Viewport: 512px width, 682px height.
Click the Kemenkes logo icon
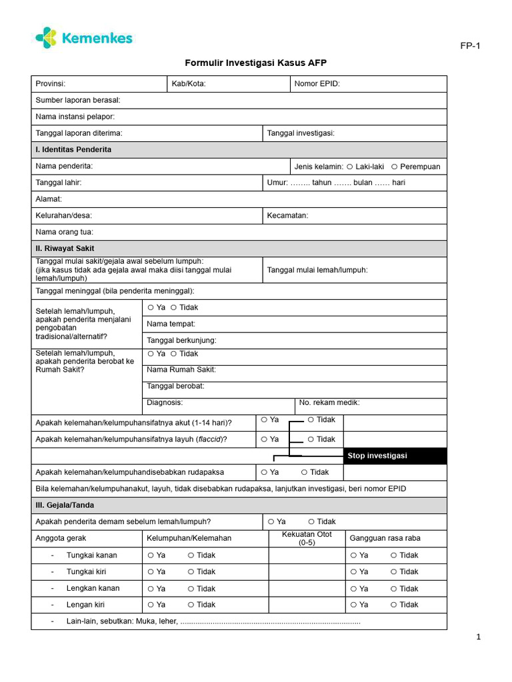click(46, 38)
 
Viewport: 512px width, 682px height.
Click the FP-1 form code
click(470, 46)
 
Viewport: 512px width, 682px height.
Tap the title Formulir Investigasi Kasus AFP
click(255, 63)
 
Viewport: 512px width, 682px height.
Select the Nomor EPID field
click(369, 84)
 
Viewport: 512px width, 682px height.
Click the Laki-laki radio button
click(350, 167)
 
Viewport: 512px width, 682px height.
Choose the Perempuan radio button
click(395, 167)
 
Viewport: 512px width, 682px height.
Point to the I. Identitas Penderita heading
click(73, 150)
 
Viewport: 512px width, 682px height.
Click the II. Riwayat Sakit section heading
click(65, 248)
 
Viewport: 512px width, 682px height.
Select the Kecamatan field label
click(287, 216)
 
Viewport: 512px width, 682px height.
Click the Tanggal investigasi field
click(355, 133)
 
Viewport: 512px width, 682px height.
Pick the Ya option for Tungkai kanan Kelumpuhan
click(151, 555)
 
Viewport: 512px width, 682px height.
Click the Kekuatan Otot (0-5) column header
click(307, 538)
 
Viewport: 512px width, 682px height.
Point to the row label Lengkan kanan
click(93, 588)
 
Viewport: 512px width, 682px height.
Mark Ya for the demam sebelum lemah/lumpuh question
click(271, 521)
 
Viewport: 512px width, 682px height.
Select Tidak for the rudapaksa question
click(305, 472)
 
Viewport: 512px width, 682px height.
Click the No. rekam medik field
click(370, 403)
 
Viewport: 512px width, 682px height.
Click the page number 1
click(478, 637)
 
